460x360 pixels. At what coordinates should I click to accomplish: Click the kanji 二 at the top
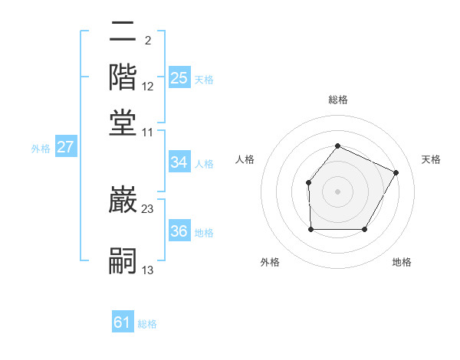pyautogui.click(x=123, y=32)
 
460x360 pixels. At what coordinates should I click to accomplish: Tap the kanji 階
pyautogui.click(x=123, y=77)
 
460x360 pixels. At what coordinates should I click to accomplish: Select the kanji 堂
pyautogui.click(x=123, y=123)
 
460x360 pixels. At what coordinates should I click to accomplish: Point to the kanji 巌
pyautogui.click(x=123, y=201)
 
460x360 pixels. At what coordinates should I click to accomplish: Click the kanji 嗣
pyautogui.click(x=123, y=260)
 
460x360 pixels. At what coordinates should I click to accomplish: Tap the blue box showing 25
pyautogui.click(x=179, y=78)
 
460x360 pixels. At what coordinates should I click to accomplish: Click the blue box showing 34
pyautogui.click(x=179, y=162)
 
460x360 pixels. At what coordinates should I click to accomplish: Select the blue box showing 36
pyautogui.click(x=179, y=231)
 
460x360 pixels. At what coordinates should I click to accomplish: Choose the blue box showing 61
pyautogui.click(x=123, y=322)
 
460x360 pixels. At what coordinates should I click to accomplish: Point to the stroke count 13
pyautogui.click(x=148, y=270)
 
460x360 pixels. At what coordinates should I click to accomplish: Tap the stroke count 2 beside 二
pyautogui.click(x=148, y=40)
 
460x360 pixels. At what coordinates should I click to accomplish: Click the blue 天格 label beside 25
pyautogui.click(x=204, y=80)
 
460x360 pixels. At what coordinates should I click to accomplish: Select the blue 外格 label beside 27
pyautogui.click(x=41, y=149)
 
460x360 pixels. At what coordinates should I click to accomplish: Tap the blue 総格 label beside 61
pyautogui.click(x=147, y=324)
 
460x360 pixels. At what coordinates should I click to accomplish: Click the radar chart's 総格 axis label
pyautogui.click(x=337, y=100)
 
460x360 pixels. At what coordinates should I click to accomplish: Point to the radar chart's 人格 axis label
pyautogui.click(x=245, y=159)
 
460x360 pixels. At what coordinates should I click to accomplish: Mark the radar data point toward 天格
pyautogui.click(x=396, y=172)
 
